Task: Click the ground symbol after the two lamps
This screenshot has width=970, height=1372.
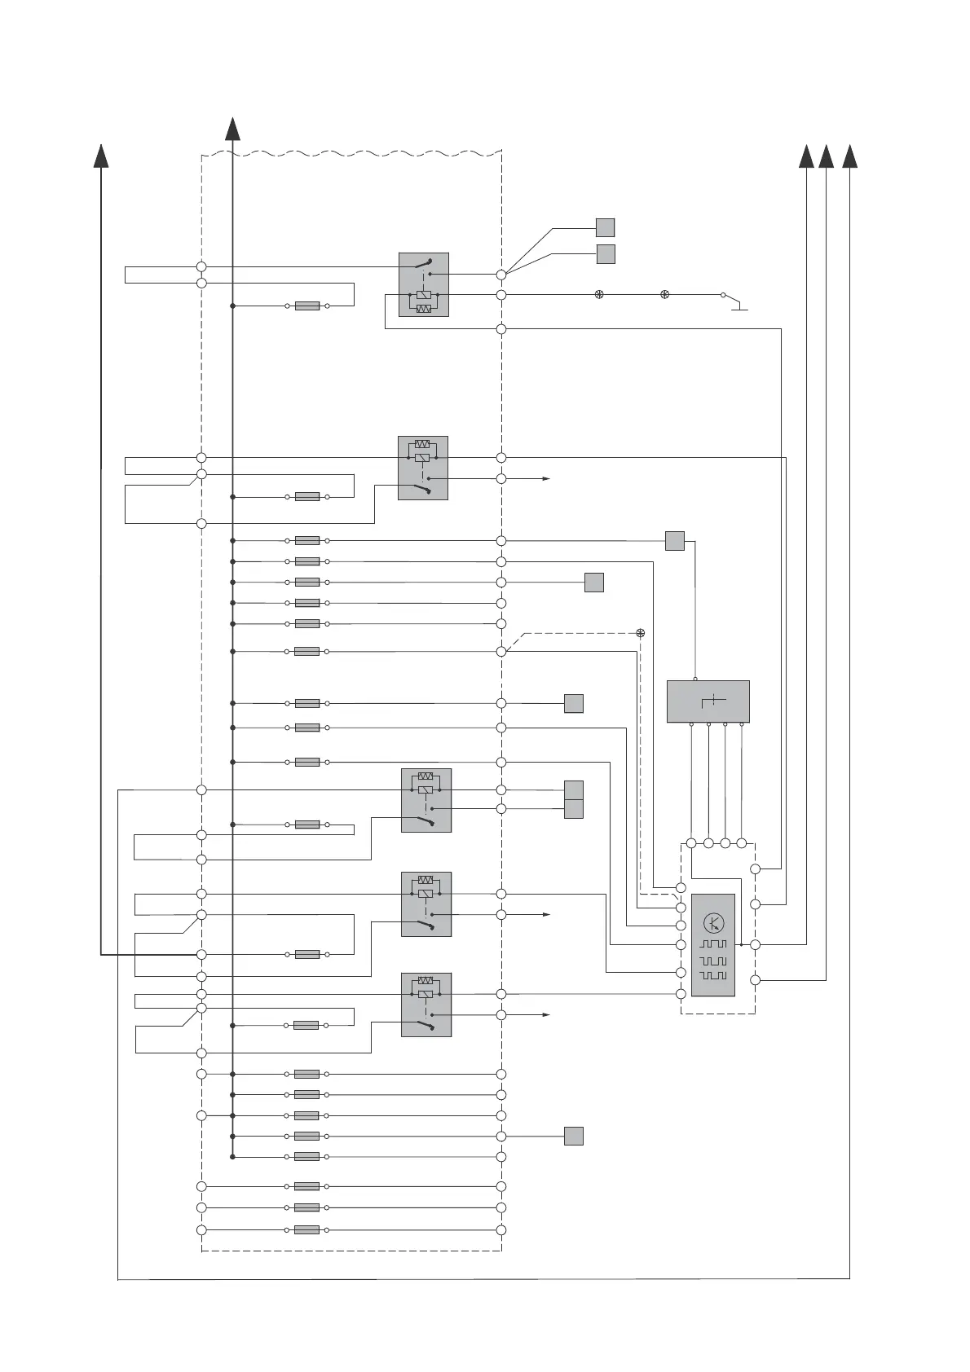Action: tap(739, 307)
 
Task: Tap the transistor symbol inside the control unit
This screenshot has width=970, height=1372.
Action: tap(713, 924)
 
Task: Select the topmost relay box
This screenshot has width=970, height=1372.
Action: tap(423, 284)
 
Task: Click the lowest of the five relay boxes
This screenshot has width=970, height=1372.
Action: tap(425, 1005)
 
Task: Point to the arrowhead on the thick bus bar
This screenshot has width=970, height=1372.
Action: tap(232, 130)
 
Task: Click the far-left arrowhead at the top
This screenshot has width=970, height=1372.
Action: tap(101, 156)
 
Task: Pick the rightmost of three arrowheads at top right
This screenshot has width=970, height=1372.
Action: tap(849, 156)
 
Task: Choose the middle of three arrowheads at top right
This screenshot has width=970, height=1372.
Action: tap(826, 156)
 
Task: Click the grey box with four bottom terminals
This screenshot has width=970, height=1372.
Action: tap(708, 701)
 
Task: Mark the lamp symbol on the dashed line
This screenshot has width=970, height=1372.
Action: tap(641, 633)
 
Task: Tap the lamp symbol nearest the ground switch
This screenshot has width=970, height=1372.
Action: tap(664, 295)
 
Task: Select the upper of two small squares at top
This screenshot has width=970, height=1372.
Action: tap(605, 227)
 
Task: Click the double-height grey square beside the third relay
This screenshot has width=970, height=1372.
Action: tap(574, 799)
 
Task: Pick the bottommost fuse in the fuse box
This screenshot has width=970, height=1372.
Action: tap(306, 1229)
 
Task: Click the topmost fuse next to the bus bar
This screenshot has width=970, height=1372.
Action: tap(306, 306)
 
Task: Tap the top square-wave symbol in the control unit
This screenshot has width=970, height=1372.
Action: tap(713, 944)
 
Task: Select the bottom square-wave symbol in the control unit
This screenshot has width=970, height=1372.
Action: tap(713, 976)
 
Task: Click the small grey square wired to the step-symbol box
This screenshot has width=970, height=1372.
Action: tap(674, 540)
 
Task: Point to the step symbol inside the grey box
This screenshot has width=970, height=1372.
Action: tap(713, 701)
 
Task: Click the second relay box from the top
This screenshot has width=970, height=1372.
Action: tap(422, 468)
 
